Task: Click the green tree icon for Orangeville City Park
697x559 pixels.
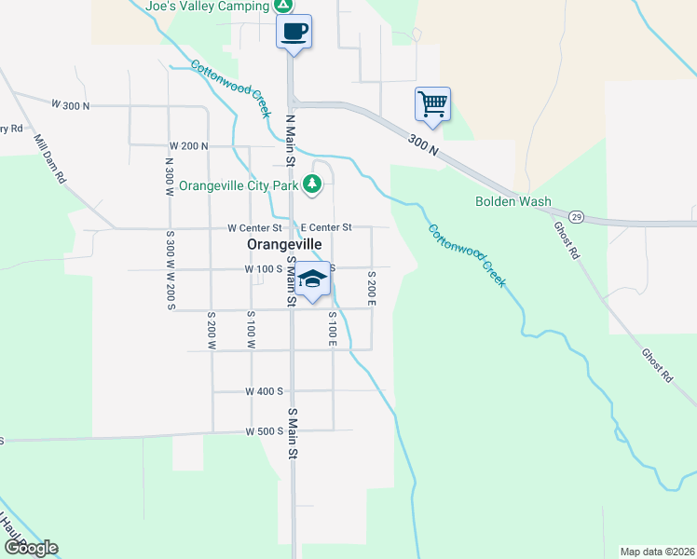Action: [314, 184]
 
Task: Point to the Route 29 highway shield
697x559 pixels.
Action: [577, 216]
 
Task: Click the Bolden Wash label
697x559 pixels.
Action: [512, 201]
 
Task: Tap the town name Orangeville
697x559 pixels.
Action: [284, 244]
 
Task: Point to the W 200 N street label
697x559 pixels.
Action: [188, 146]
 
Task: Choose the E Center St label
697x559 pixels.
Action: [326, 227]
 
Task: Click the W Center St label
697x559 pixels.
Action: [254, 227]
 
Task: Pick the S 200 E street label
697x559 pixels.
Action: [371, 289]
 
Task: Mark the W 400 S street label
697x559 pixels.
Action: [265, 391]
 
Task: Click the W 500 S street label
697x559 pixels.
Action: [265, 431]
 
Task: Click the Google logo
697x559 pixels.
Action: [31, 548]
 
